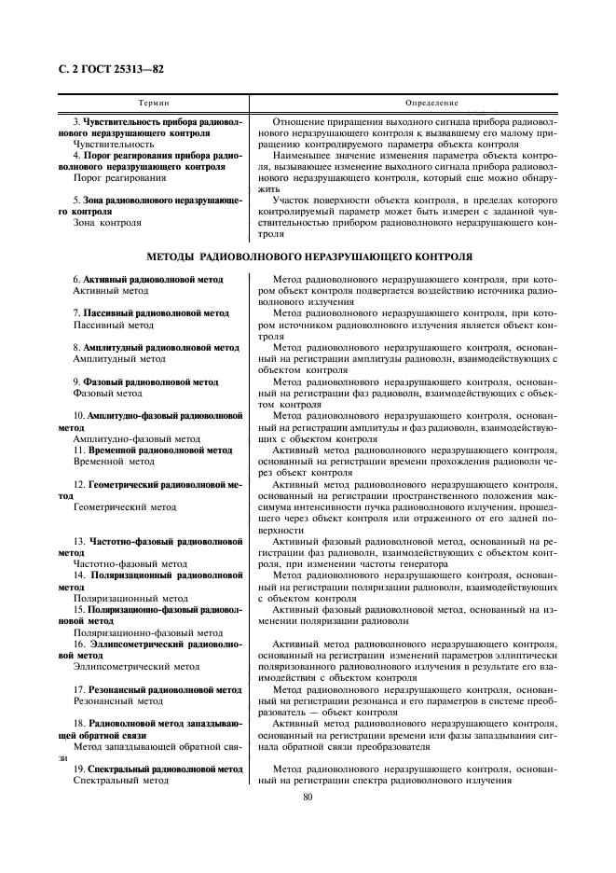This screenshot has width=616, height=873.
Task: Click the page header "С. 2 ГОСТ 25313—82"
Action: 105,69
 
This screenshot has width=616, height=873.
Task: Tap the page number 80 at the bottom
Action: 308,796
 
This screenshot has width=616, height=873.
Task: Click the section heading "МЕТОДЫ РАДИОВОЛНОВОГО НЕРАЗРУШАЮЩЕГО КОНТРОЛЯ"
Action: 309,256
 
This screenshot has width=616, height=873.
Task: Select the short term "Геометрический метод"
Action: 124,507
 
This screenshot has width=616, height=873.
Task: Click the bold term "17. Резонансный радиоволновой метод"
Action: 156,689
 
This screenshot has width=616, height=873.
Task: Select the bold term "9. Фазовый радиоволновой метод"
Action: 145,381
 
